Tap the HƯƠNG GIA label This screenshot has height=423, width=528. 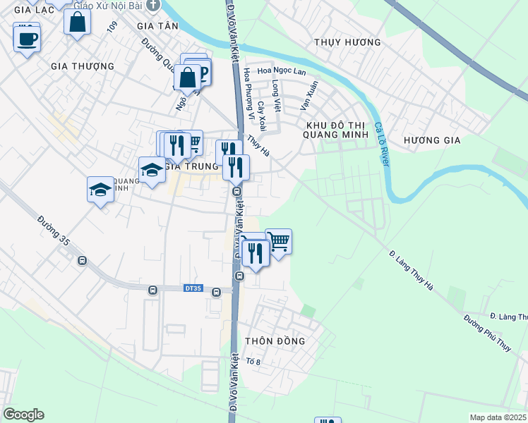coord(432,140)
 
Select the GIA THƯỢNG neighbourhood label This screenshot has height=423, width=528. coord(83,66)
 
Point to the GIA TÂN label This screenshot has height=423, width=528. coord(158,25)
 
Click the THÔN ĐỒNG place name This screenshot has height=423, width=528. coord(275,341)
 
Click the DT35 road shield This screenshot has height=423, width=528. coord(193,288)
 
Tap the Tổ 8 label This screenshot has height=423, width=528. coord(253,362)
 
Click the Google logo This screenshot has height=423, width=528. coord(23,415)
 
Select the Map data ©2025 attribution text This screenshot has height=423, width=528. coord(497,417)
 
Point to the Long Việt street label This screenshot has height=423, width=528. coord(276,97)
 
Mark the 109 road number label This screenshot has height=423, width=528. coord(112,27)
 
